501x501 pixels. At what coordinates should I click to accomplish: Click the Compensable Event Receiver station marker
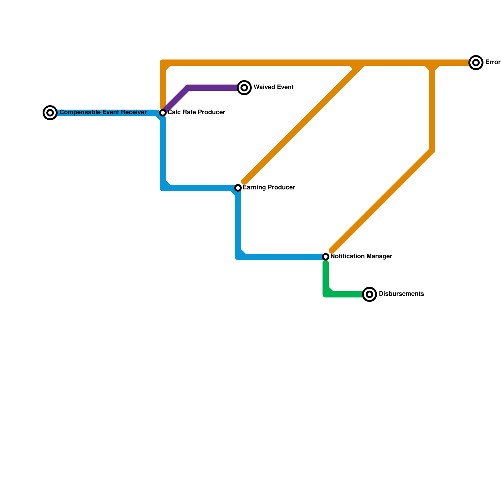point(50,113)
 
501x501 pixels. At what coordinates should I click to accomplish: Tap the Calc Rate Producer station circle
point(163,113)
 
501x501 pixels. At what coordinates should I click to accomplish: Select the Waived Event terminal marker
point(244,88)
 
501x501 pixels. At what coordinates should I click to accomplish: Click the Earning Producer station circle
point(238,188)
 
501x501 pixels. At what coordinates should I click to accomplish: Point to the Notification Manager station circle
point(326,257)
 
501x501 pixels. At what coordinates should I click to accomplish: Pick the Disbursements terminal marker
point(369,294)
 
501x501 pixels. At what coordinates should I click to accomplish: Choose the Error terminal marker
point(476,63)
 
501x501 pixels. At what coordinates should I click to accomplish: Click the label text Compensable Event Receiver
point(103,112)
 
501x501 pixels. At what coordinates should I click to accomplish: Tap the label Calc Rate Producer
point(196,112)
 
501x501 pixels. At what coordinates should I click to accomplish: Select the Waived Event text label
point(273,87)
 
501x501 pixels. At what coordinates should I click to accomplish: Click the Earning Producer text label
point(269,188)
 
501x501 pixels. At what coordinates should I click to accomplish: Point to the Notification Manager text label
point(361,256)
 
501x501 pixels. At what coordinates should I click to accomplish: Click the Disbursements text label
point(401,294)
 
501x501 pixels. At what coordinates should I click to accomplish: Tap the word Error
point(493,62)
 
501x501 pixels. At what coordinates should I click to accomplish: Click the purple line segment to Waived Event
point(213,88)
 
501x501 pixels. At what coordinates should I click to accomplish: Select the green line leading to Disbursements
point(344,294)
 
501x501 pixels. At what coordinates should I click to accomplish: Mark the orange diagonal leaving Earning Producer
point(301,125)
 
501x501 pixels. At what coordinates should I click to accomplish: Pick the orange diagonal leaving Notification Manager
point(382,200)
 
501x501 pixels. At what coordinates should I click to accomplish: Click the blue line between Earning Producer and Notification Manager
point(282,257)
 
